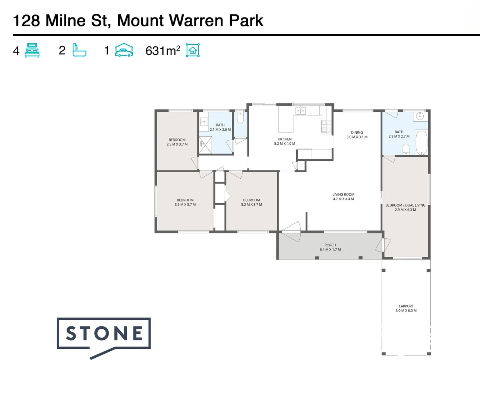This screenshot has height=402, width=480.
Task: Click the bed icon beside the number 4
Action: (x=32, y=50)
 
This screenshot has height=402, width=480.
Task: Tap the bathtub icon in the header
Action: (x=79, y=50)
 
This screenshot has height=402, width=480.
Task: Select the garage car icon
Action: (x=124, y=50)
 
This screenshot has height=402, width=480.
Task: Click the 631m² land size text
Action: (x=162, y=51)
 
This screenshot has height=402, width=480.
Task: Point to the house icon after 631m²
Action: (x=193, y=50)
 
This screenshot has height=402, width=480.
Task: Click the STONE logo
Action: (x=104, y=334)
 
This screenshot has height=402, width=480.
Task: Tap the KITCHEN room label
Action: (x=284, y=139)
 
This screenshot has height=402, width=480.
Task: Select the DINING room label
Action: (x=357, y=133)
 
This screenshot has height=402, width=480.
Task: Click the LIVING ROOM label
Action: (x=343, y=195)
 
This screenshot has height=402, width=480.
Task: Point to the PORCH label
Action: (x=330, y=245)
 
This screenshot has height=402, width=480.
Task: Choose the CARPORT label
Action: (x=406, y=306)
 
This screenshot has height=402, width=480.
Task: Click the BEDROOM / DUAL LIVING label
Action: (x=405, y=205)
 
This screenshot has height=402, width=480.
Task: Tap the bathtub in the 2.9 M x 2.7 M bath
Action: (x=421, y=142)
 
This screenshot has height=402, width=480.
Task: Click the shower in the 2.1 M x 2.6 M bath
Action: (x=205, y=145)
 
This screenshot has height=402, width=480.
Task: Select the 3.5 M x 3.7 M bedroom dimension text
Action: (x=185, y=205)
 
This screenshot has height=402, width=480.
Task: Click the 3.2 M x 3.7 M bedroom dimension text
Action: (x=252, y=205)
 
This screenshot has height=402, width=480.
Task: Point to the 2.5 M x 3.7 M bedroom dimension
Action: (x=177, y=144)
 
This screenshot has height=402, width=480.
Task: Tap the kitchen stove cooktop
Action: (x=326, y=126)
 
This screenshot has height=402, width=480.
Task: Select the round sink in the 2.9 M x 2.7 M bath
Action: (x=420, y=116)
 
